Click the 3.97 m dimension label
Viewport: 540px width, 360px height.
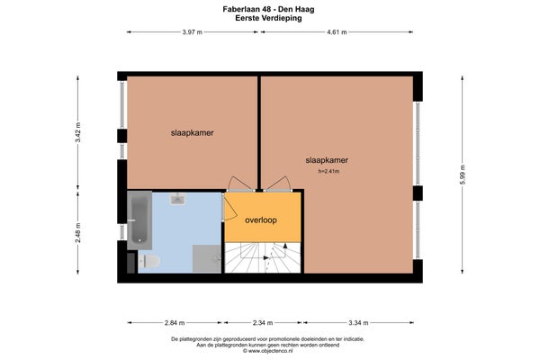[193, 32]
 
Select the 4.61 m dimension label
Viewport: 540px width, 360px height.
[337, 32]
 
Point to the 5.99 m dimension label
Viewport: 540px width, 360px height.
[463, 175]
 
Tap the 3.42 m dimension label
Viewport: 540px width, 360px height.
[78, 132]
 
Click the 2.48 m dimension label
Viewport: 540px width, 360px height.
[78, 232]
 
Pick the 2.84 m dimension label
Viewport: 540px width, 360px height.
[175, 323]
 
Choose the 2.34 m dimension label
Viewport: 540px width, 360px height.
[263, 323]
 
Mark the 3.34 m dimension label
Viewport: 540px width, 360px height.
[358, 323]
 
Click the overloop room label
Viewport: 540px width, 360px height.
[261, 220]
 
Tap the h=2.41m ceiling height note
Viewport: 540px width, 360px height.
[328, 171]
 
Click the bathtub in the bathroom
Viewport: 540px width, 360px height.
[139, 220]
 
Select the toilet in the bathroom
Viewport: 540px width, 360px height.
[149, 262]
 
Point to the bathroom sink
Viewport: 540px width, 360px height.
[177, 199]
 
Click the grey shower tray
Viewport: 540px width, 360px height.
[207, 258]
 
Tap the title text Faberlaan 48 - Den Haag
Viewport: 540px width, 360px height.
[268, 9]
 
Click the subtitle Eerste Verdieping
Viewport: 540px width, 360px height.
[268, 18]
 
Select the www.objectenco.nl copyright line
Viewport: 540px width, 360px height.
[268, 351]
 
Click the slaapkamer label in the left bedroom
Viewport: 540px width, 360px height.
[193, 132]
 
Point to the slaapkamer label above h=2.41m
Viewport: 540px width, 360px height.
[327, 160]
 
